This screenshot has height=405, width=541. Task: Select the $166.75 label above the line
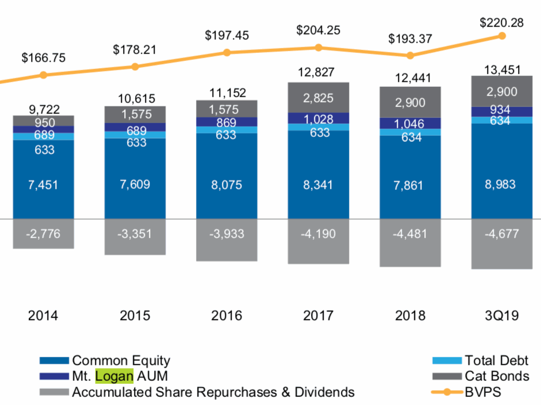(x=43, y=58)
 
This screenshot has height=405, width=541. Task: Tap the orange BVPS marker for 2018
(x=410, y=56)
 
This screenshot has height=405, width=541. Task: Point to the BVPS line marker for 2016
(x=227, y=53)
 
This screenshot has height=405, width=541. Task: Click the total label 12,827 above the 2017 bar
(x=318, y=72)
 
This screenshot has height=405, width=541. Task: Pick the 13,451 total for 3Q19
(x=501, y=70)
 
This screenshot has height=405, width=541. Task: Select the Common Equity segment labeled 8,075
(x=227, y=185)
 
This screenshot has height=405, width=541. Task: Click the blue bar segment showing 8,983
(x=501, y=185)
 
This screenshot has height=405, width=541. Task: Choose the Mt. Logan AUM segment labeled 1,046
(x=410, y=123)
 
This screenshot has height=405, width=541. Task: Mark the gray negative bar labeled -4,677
(x=501, y=235)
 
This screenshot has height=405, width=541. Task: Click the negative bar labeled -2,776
(x=43, y=234)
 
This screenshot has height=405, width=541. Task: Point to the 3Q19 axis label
(x=501, y=315)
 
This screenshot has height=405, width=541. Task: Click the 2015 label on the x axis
(x=135, y=315)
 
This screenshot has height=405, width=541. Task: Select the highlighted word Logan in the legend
(x=114, y=376)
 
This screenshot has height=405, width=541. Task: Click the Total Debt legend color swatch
(x=447, y=361)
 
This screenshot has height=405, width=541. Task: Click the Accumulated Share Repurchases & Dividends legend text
(x=213, y=392)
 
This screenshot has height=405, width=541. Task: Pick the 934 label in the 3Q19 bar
(x=501, y=110)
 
